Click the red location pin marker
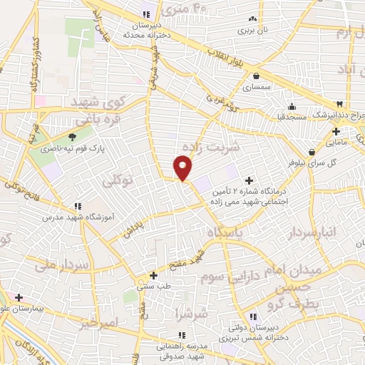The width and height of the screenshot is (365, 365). click(x=183, y=168)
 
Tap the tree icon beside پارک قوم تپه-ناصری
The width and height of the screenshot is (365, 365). click(x=72, y=136)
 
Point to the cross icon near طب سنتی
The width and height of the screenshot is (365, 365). click(x=153, y=274)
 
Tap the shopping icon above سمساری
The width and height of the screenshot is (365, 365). click(x=255, y=76)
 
